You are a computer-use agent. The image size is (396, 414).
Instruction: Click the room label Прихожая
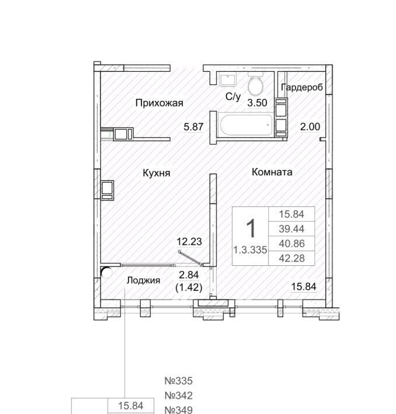click(x=159, y=103)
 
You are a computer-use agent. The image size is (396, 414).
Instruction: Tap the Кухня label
click(x=157, y=173)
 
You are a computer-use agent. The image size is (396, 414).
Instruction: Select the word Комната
click(x=272, y=172)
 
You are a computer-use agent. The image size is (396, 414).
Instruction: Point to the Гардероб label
click(x=302, y=87)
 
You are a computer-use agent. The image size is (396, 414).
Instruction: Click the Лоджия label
click(x=143, y=280)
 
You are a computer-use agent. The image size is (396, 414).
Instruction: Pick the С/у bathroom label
click(x=233, y=97)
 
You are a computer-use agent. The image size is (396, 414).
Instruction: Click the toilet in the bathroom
click(x=255, y=85)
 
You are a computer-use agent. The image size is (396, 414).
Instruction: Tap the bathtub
click(x=245, y=125)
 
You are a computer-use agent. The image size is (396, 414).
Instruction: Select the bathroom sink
click(x=227, y=79)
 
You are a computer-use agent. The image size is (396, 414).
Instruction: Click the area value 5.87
click(x=194, y=127)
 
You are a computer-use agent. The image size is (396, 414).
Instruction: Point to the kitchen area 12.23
click(x=189, y=241)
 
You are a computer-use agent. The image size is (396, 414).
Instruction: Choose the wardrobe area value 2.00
click(x=310, y=127)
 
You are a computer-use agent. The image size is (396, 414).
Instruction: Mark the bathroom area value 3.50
click(x=257, y=103)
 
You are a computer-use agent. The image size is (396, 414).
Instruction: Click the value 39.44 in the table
click(x=291, y=229)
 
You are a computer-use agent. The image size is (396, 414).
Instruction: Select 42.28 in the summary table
click(x=291, y=258)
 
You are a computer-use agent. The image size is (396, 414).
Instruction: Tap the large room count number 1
click(x=251, y=229)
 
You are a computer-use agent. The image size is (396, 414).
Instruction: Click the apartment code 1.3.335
click(x=250, y=250)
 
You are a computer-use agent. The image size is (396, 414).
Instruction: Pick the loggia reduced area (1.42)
click(x=189, y=287)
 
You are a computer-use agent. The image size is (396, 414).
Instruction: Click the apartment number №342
click(x=179, y=395)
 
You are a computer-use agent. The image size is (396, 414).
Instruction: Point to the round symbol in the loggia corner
click(x=106, y=273)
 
